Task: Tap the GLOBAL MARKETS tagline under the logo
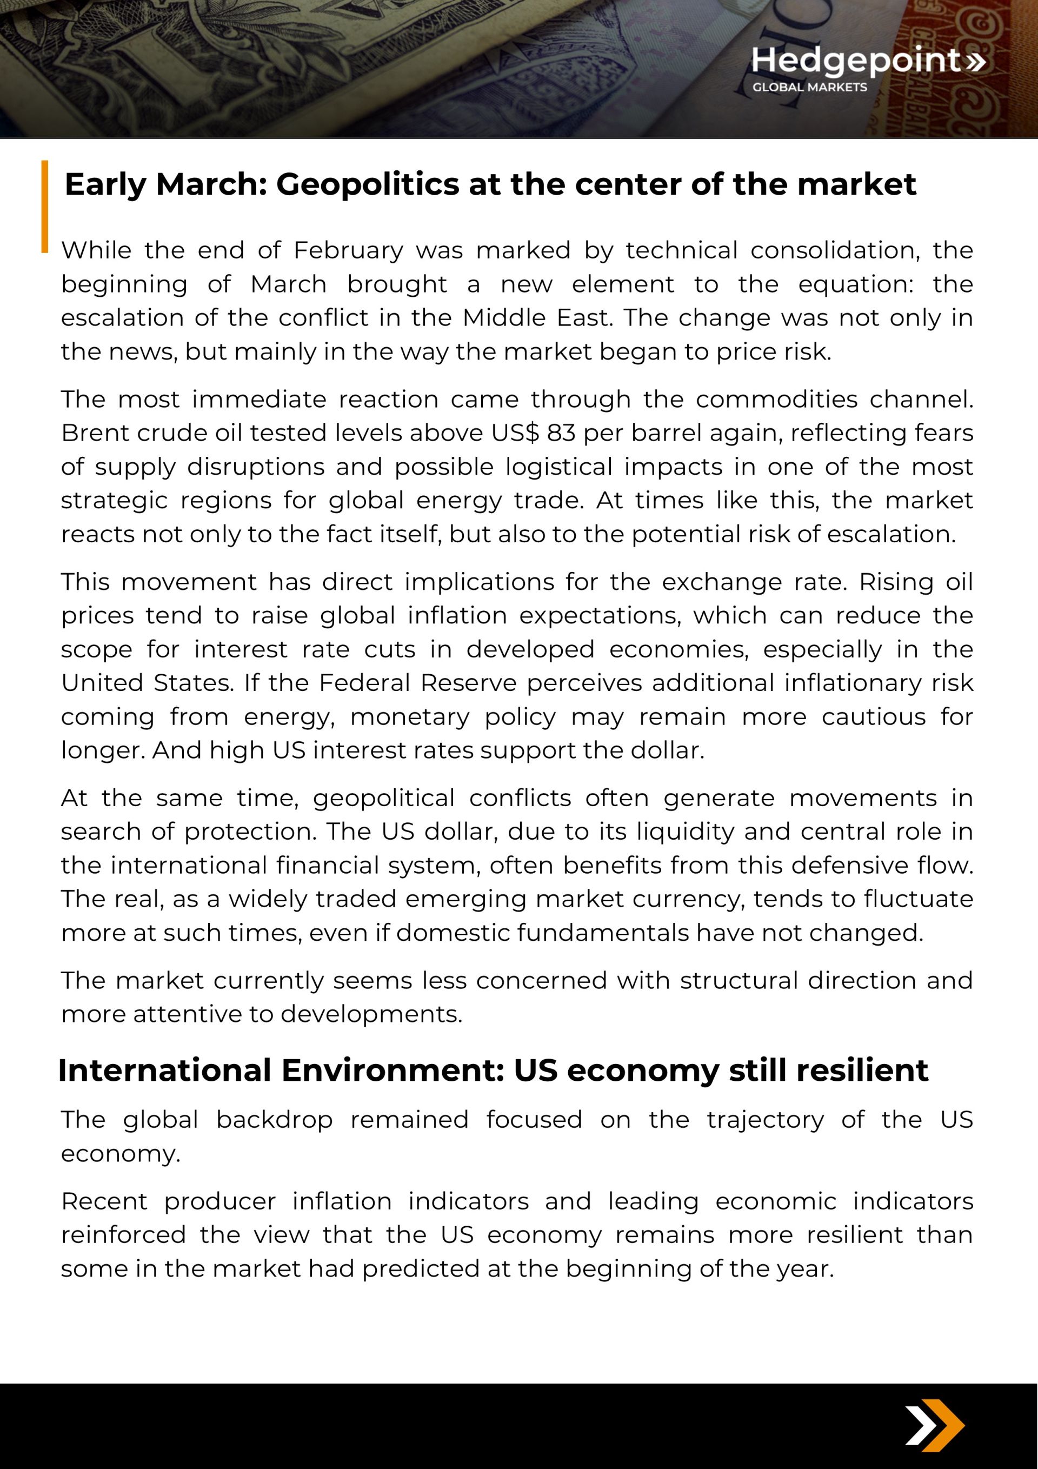(x=809, y=87)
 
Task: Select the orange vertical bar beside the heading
(x=45, y=206)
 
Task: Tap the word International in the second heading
(x=164, y=1071)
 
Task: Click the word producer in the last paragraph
(x=219, y=1201)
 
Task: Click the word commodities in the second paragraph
(x=776, y=399)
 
